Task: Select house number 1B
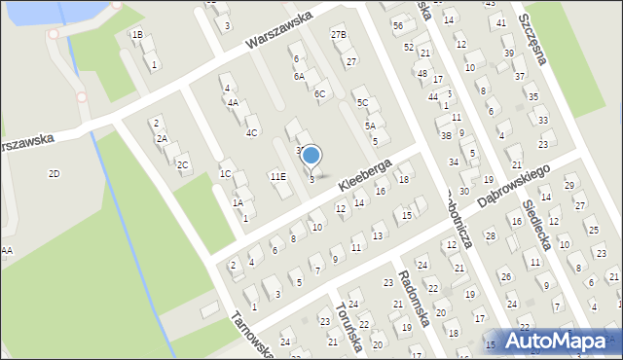pos(137,35)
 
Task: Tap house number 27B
pos(338,35)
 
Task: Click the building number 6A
pos(300,76)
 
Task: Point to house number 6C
pos(319,94)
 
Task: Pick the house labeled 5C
pos(362,102)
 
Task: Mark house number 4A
pos(233,102)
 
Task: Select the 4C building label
pos(251,132)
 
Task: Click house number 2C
pos(182,164)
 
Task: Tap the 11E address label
pos(277,176)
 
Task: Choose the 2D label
pos(55,173)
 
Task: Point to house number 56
pos(397,24)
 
